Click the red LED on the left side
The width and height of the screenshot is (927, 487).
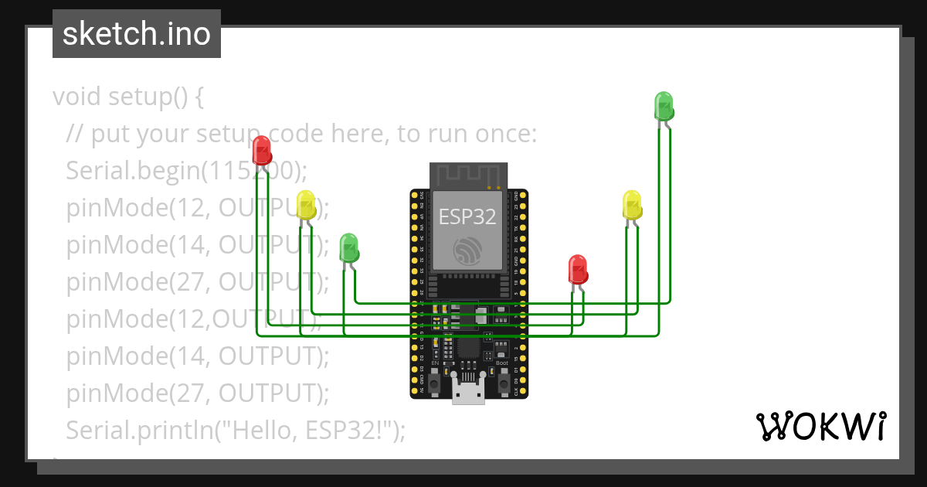pyautogui.click(x=262, y=150)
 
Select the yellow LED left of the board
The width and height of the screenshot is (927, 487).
pyautogui.click(x=306, y=205)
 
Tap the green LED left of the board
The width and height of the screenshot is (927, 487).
pyautogui.click(x=349, y=247)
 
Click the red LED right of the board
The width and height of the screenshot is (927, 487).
pyautogui.click(x=578, y=269)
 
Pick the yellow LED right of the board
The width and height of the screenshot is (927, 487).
pyautogui.click(x=632, y=205)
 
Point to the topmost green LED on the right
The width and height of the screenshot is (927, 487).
pyautogui.click(x=664, y=105)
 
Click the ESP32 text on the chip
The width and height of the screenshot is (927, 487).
pyautogui.click(x=467, y=217)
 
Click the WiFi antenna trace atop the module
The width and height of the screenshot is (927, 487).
pyautogui.click(x=468, y=175)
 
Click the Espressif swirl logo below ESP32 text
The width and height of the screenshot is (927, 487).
pyautogui.click(x=468, y=250)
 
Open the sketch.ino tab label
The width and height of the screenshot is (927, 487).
pyautogui.click(x=137, y=34)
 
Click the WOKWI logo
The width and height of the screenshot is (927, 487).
pyautogui.click(x=820, y=427)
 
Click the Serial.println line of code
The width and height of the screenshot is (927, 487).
pyautogui.click(x=236, y=430)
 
